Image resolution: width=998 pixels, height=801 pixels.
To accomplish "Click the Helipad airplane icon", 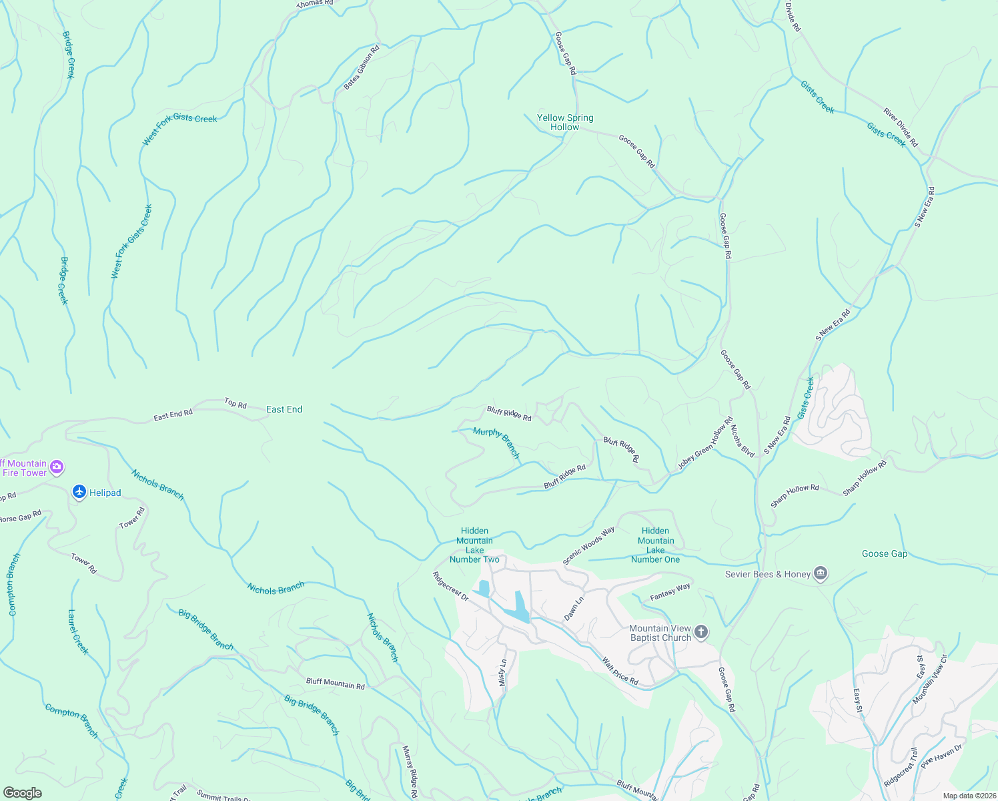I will pyautogui.click(x=79, y=492).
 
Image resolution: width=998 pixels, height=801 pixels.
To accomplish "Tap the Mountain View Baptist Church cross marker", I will pyautogui.click(x=700, y=632).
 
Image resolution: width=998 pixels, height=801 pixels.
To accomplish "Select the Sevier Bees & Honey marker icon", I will pyautogui.click(x=821, y=574).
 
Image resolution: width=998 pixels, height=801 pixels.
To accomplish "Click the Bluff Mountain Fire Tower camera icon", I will pyautogui.click(x=57, y=467).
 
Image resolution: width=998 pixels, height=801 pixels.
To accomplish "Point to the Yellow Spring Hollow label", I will pyautogui.click(x=565, y=122).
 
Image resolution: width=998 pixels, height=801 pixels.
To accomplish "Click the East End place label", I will pyautogui.click(x=284, y=409).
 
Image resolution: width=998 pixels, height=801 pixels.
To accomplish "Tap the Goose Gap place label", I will pyautogui.click(x=884, y=553).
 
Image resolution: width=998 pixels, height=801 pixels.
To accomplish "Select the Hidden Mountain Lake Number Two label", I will pyautogui.click(x=474, y=545).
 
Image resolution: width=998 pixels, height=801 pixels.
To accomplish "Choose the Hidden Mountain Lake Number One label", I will pyautogui.click(x=655, y=545).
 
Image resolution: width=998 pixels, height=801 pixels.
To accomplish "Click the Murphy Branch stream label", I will pyautogui.click(x=496, y=442).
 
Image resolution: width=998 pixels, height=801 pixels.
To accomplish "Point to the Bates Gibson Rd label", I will pyautogui.click(x=362, y=67).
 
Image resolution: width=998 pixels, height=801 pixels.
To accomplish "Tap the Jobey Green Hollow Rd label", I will pyautogui.click(x=705, y=444).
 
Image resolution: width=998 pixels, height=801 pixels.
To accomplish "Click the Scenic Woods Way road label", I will pyautogui.click(x=588, y=546).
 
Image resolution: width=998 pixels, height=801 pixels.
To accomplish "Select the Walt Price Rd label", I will pyautogui.click(x=620, y=672).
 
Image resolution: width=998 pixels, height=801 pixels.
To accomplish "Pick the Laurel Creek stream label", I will pyautogui.click(x=78, y=631).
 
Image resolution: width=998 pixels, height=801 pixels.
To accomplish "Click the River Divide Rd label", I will pyautogui.click(x=901, y=127).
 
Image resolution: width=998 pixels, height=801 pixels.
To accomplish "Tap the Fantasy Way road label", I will pyautogui.click(x=670, y=591).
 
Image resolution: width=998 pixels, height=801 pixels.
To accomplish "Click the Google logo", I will pyautogui.click(x=22, y=792).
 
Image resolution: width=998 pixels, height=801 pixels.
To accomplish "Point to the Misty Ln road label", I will pyautogui.click(x=503, y=674).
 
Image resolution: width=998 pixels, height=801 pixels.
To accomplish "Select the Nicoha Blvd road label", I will pyautogui.click(x=742, y=441).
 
